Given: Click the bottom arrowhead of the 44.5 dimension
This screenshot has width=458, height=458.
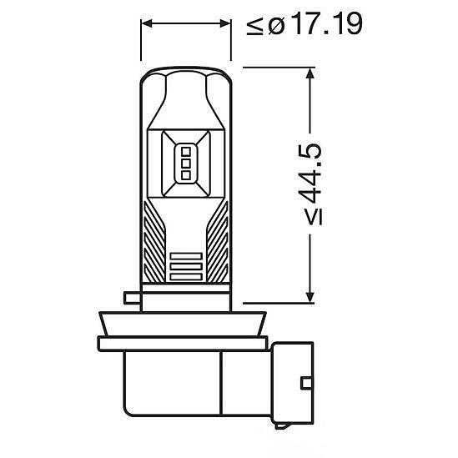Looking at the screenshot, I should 311,297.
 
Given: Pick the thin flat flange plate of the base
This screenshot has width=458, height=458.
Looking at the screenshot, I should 186,341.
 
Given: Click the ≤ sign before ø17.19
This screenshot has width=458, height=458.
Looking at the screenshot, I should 254,26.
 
